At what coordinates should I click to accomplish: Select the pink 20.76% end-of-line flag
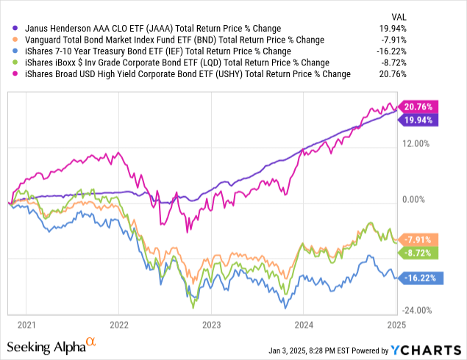tap(417, 107)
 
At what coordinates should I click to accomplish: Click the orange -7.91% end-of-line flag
tap(417, 240)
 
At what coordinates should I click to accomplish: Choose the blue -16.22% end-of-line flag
tap(417, 278)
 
